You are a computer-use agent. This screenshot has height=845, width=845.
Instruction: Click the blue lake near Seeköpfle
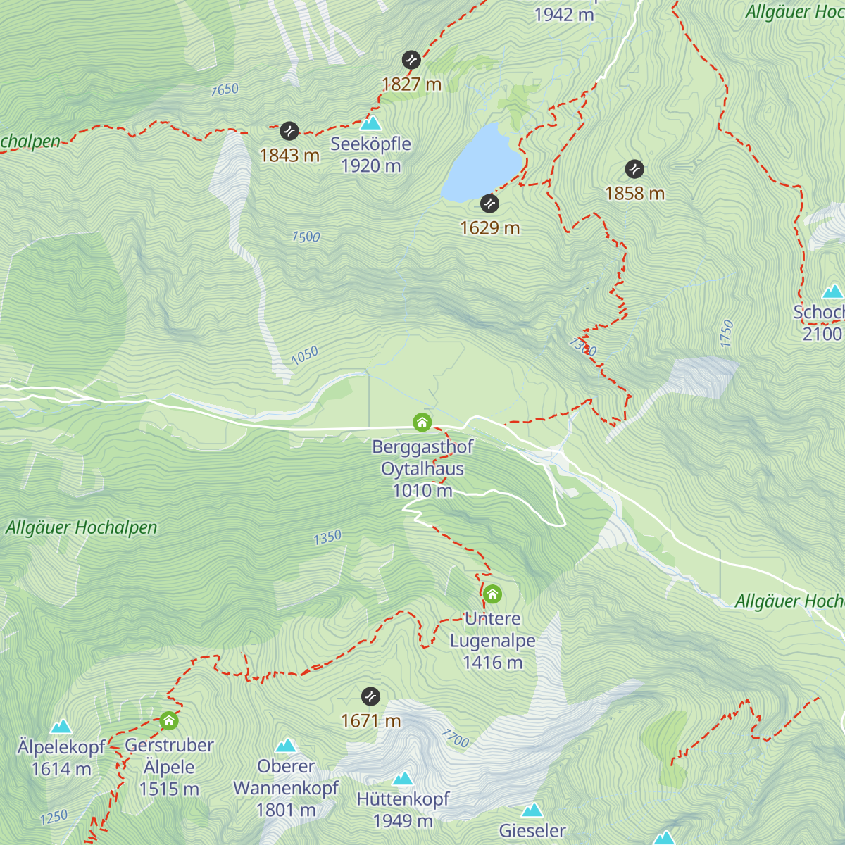point(482,163)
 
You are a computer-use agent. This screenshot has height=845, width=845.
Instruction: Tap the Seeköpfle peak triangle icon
point(370,124)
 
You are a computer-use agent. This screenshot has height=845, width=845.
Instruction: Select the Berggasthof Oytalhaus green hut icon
point(422,423)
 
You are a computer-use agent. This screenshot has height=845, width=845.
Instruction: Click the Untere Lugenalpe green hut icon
point(492,594)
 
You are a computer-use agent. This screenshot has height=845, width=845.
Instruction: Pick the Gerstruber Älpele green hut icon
point(168,720)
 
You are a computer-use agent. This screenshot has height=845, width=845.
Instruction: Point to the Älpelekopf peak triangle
point(61,726)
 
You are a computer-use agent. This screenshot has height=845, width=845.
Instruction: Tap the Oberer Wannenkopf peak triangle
point(285,746)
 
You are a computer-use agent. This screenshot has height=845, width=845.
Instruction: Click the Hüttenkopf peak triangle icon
point(403,778)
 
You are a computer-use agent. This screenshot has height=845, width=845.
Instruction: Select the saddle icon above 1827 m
point(411,60)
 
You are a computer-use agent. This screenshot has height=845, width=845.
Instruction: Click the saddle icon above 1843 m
point(289,131)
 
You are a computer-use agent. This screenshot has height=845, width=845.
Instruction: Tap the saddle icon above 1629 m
point(489,204)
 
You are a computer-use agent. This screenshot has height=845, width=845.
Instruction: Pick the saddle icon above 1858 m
point(634,169)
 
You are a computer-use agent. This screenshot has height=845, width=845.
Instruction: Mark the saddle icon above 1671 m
point(370,696)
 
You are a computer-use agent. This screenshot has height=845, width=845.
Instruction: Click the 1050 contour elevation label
point(304,356)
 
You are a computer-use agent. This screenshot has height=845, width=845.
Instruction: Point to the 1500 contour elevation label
point(306,237)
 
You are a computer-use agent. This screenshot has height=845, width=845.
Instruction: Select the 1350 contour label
point(327,538)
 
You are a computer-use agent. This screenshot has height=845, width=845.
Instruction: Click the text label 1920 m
point(371,166)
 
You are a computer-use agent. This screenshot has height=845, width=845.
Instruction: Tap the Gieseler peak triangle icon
point(532,810)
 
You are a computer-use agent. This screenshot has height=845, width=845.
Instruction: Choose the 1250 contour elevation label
point(54,818)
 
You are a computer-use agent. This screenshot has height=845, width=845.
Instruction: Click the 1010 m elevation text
point(423,491)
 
